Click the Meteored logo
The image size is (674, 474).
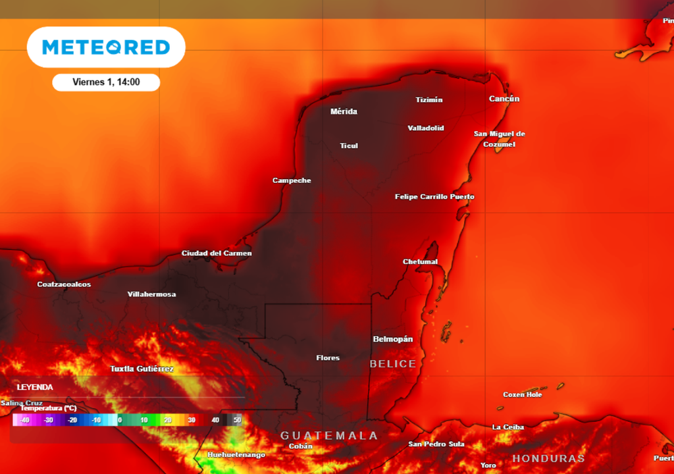tap(106, 47)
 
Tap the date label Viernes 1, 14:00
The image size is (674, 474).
tap(106, 82)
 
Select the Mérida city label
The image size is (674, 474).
tap(344, 112)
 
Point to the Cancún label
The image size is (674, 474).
tap(504, 99)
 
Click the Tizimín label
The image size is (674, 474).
tap(429, 100)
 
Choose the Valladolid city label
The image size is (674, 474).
tap(426, 128)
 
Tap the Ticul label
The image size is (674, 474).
tap(349, 145)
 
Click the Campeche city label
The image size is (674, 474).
tap(292, 180)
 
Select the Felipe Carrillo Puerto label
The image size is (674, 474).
tap(434, 197)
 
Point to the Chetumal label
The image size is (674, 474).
tap(420, 261)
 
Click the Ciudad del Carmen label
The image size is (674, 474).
tap(217, 253)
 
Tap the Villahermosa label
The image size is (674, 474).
tap(151, 294)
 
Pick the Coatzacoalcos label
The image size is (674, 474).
tap(64, 284)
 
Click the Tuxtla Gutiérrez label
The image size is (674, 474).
tap(142, 369)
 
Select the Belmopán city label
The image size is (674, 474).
tap(393, 339)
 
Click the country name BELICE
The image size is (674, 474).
tap(393, 364)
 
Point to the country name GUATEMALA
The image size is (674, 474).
tap(329, 435)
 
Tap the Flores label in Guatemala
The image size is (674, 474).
tap(328, 358)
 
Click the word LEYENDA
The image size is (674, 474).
tap(35, 387)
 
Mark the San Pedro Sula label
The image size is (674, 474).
tap(436, 444)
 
